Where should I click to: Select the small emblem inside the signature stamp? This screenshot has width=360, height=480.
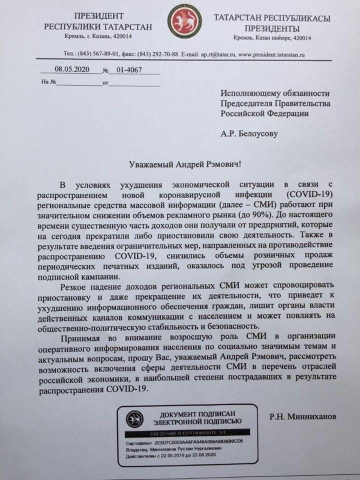[x=134, y=419]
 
